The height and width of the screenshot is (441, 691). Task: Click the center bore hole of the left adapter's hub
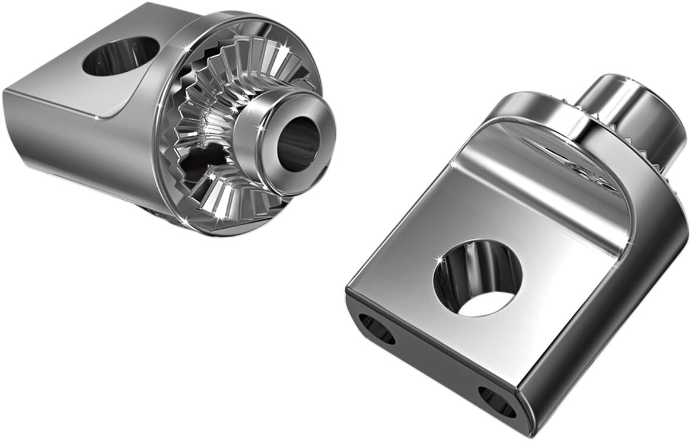point(298,143)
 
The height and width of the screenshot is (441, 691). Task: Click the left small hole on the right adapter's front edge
point(377,329)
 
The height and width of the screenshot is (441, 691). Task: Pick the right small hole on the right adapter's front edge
point(497,401)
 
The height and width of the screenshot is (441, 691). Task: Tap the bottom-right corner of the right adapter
point(522,415)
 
